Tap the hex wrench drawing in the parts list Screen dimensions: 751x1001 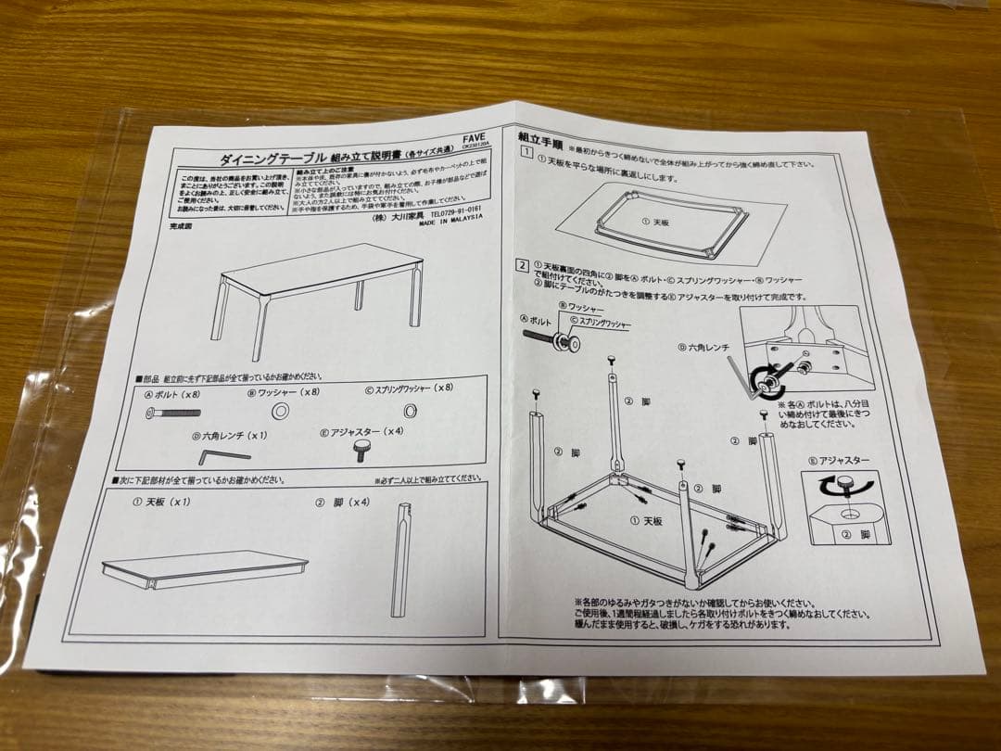(x=223, y=455)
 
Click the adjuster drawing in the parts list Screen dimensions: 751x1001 (x=361, y=450)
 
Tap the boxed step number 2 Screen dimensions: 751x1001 (x=523, y=265)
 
